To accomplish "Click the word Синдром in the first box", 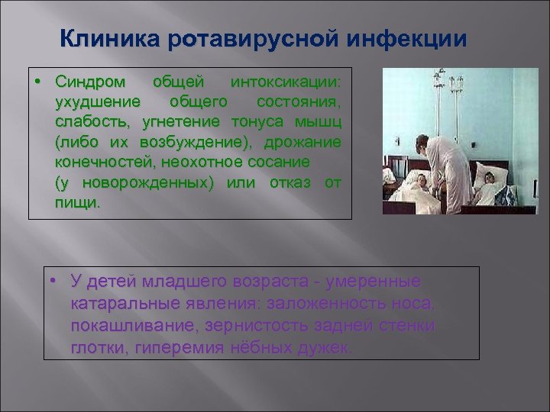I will (88, 81).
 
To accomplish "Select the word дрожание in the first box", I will (306, 142).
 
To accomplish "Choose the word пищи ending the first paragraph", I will (77, 203).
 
